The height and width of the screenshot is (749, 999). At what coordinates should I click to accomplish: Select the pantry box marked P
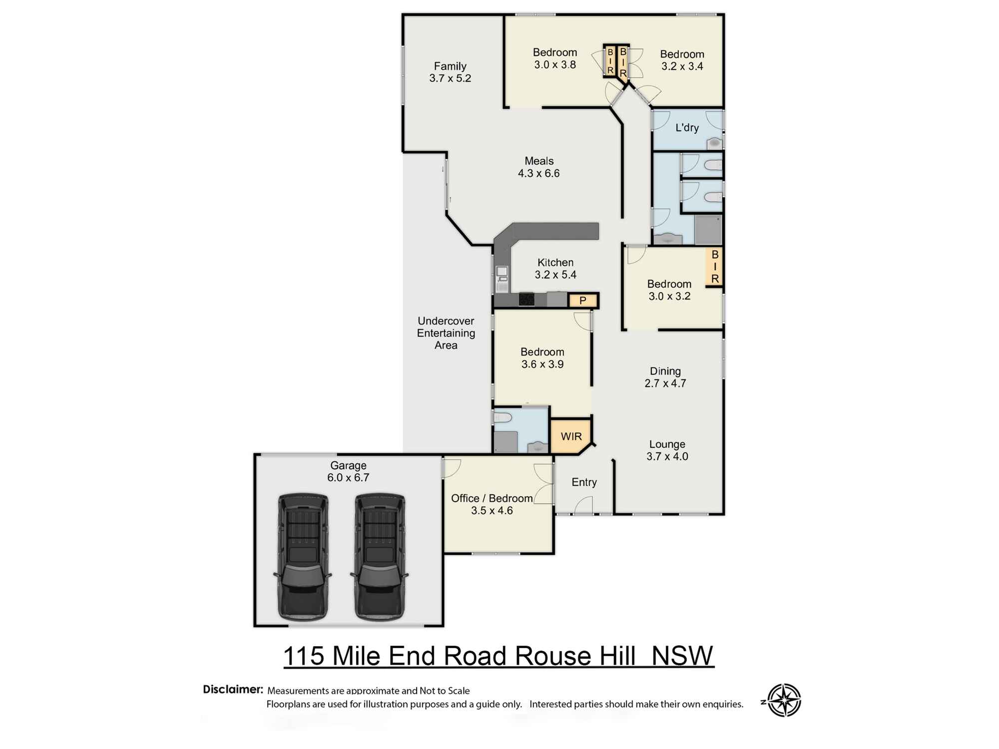pos(582,301)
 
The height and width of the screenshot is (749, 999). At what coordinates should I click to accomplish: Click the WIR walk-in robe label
pos(571,436)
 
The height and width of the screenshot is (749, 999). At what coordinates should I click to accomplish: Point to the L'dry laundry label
pos(687,128)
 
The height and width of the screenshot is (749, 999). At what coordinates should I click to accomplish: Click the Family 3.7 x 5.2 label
pos(450,72)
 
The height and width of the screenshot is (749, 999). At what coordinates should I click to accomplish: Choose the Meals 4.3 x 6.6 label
pos(539,167)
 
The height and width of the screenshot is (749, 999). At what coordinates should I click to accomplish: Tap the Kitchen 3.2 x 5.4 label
pos(555,269)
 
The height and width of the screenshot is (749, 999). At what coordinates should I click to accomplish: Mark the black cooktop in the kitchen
pos(526,299)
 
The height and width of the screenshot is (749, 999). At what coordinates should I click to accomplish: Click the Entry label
pos(584,482)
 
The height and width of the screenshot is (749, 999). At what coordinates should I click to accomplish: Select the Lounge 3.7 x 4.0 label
pos(667,450)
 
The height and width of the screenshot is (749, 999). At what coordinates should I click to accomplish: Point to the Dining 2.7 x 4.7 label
pos(665,377)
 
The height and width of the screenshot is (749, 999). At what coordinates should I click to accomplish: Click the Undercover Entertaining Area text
pos(446,333)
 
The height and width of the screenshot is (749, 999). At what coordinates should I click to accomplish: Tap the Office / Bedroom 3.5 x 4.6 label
pos(492,504)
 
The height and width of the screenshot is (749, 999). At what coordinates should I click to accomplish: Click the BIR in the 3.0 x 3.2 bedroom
pos(715,267)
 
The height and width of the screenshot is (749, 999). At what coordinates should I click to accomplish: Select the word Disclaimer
pos(233,690)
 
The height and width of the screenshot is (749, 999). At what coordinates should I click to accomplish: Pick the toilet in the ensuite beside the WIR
pos(502,417)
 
